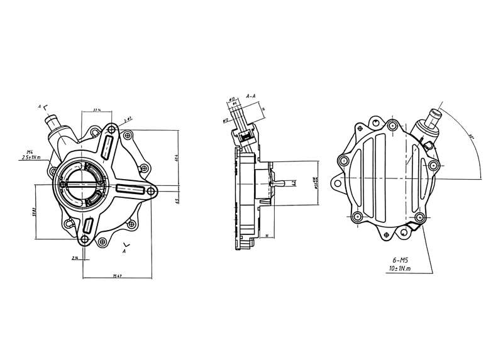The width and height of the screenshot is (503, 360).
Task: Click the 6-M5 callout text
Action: click(399, 259)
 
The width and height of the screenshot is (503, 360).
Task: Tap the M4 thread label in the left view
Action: click(30, 151)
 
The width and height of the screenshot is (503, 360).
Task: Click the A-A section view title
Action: click(250, 96)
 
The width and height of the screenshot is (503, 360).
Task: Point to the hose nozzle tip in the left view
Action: click(48, 119)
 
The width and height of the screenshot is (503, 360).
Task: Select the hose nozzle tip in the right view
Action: click(433, 115)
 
